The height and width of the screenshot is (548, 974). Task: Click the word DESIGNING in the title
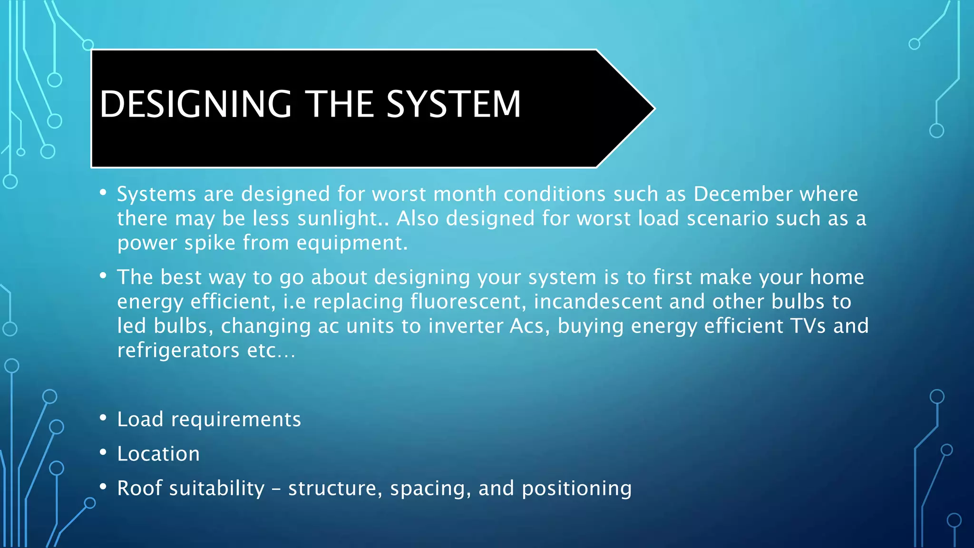pyautogui.click(x=195, y=104)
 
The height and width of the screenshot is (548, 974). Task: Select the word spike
pyautogui.click(x=210, y=243)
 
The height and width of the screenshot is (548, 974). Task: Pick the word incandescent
pyautogui.click(x=597, y=302)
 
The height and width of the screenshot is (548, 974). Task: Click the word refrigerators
pyautogui.click(x=178, y=351)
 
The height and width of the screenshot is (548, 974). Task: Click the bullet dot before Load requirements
pyautogui.click(x=103, y=418)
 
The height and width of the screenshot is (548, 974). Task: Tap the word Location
pyautogui.click(x=158, y=454)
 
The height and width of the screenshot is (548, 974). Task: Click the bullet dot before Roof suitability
pyautogui.click(x=103, y=487)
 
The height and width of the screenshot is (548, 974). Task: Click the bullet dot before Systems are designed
pyautogui.click(x=103, y=193)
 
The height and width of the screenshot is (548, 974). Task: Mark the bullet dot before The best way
pyautogui.click(x=103, y=275)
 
